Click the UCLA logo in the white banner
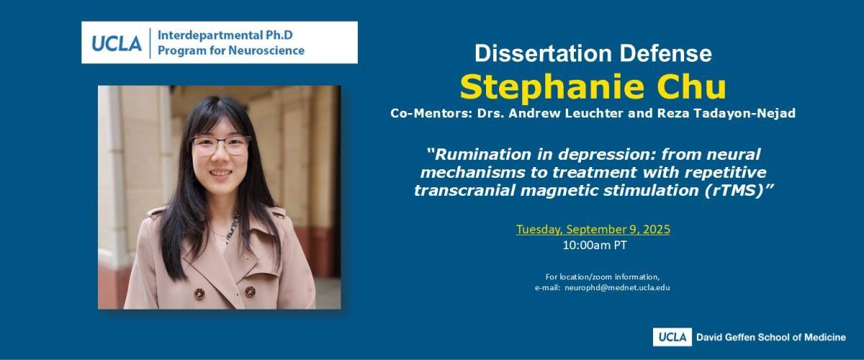pyautogui.click(x=117, y=44)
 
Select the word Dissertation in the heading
pyautogui.click(x=544, y=53)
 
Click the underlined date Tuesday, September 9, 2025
pyautogui.click(x=593, y=229)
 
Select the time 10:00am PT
pyautogui.click(x=595, y=245)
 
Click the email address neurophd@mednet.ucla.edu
pyautogui.click(x=617, y=287)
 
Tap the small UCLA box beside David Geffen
pyautogui.click(x=672, y=337)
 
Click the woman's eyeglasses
pyautogui.click(x=220, y=145)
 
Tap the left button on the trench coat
pyautogui.click(x=199, y=294)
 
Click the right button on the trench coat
pyautogui.click(x=250, y=292)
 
